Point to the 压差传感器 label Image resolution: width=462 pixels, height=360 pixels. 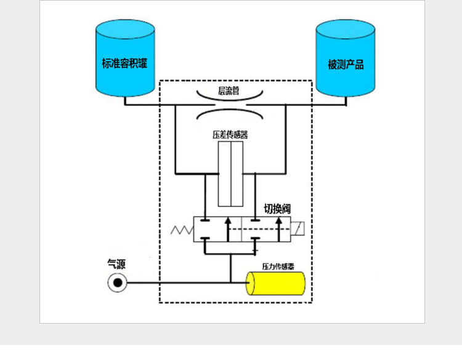[230, 134]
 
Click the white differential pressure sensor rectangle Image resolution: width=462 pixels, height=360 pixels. [230, 174]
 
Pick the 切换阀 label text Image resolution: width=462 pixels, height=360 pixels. [277, 209]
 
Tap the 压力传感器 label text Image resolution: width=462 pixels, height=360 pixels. [278, 266]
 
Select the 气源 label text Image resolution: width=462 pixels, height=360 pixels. [116, 265]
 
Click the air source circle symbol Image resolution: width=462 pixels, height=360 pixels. [117, 283]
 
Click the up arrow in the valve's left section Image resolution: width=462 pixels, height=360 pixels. [228, 228]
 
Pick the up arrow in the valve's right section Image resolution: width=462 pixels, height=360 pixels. [280, 228]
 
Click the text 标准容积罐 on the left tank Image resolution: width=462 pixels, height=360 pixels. [124, 63]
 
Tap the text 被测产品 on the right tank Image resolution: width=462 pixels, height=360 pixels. [346, 65]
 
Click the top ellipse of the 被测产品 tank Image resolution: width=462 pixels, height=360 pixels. [345, 29]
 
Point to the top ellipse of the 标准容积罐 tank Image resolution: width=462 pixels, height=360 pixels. [125, 28]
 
